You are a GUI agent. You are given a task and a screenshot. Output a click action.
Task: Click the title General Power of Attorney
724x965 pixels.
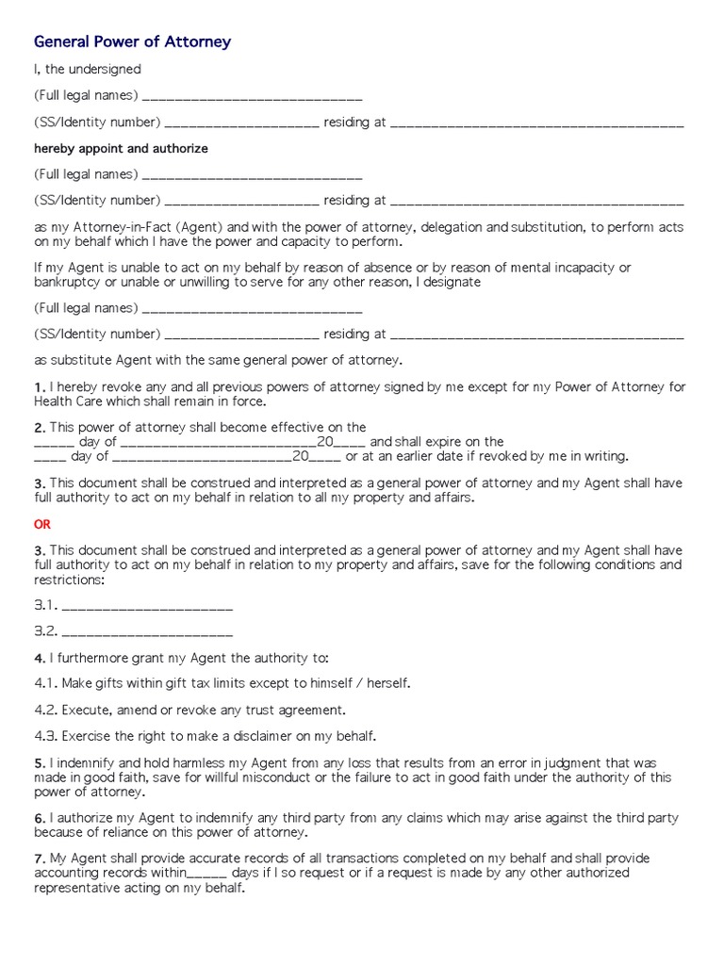click(x=132, y=42)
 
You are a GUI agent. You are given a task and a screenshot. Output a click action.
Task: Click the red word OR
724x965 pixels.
click(x=42, y=524)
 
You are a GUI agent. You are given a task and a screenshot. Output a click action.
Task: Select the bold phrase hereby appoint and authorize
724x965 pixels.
click(x=121, y=149)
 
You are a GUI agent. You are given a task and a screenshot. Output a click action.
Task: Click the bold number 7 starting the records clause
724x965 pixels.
click(x=39, y=859)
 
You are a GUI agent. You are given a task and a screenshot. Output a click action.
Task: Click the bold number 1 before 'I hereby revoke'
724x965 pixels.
click(x=39, y=387)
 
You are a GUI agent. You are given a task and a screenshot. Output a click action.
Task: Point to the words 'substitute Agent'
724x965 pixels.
click(x=102, y=360)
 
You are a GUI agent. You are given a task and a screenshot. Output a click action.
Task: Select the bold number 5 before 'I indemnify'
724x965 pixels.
click(x=39, y=762)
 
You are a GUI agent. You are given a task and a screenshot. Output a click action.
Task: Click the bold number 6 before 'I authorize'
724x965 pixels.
click(x=39, y=818)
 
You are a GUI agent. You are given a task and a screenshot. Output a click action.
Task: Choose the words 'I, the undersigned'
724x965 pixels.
click(x=87, y=70)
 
